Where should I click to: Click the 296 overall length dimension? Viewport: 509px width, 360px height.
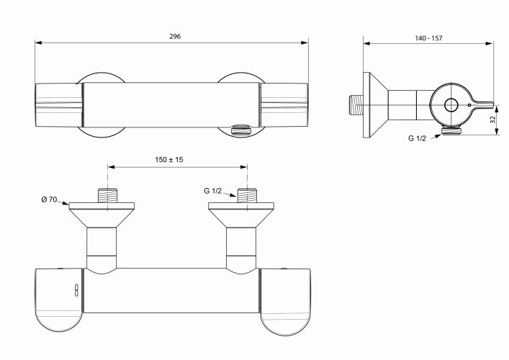coord(175,36)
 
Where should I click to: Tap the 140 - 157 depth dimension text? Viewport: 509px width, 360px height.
coord(428,38)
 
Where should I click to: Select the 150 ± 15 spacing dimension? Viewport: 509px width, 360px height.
coord(168,160)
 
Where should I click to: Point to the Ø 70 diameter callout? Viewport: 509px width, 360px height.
coord(49,199)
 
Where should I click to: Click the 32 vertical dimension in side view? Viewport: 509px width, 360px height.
coord(493,120)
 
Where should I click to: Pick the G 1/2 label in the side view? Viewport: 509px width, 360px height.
coord(417,139)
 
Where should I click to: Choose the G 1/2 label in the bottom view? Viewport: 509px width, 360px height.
coord(212,191)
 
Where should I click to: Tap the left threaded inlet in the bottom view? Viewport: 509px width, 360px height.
coord(107,195)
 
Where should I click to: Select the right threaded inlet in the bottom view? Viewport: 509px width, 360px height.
coord(247,195)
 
